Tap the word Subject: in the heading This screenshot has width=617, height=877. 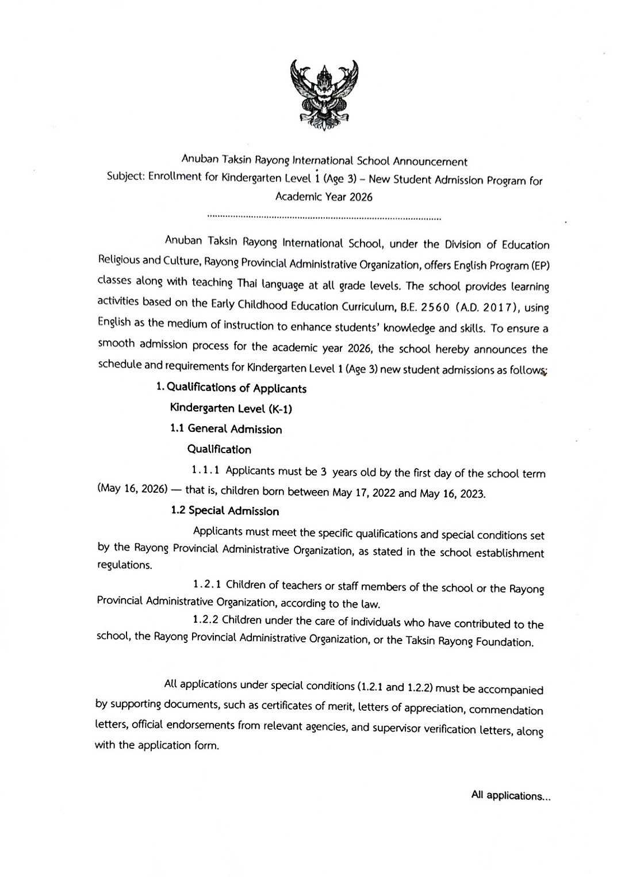pos(126,177)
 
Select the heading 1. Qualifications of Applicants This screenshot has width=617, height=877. pos(232,388)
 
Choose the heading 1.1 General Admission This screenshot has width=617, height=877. pos(226,429)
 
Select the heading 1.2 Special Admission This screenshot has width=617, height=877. pos(225,511)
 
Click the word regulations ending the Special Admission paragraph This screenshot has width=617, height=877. pos(124,565)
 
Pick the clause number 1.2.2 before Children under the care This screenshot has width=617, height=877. pos(204,621)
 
